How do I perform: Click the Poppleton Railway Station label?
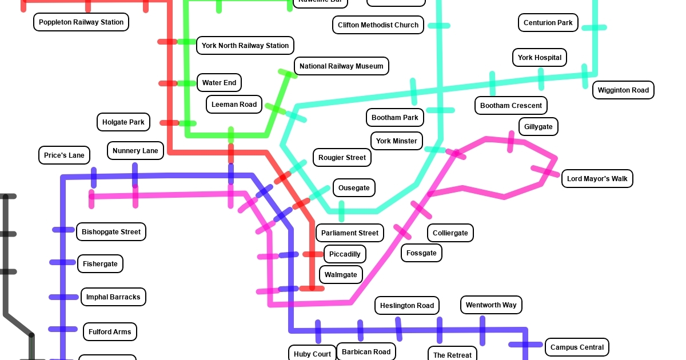[x=81, y=22]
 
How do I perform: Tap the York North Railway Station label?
[x=245, y=46]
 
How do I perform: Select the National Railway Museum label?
[x=341, y=66]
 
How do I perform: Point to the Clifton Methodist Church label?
[x=378, y=25]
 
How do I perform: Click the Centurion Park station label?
[x=548, y=23]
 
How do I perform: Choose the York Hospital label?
[x=540, y=58]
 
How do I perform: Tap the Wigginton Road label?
[x=623, y=90]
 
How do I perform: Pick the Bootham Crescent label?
[x=511, y=106]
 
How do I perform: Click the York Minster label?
[x=397, y=141]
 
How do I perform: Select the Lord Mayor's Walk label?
[x=597, y=179]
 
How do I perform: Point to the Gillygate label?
[x=538, y=127]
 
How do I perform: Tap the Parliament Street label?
[x=350, y=233]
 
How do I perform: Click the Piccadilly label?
[x=345, y=254]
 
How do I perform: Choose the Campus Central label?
[x=577, y=347]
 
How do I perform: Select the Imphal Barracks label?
[x=113, y=297]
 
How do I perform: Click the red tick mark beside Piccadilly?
[x=313, y=254]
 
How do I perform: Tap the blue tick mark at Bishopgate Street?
[x=63, y=230]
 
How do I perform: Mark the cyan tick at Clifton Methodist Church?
[x=439, y=26]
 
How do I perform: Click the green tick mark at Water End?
[x=187, y=83]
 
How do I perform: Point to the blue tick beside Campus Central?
[x=525, y=345]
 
